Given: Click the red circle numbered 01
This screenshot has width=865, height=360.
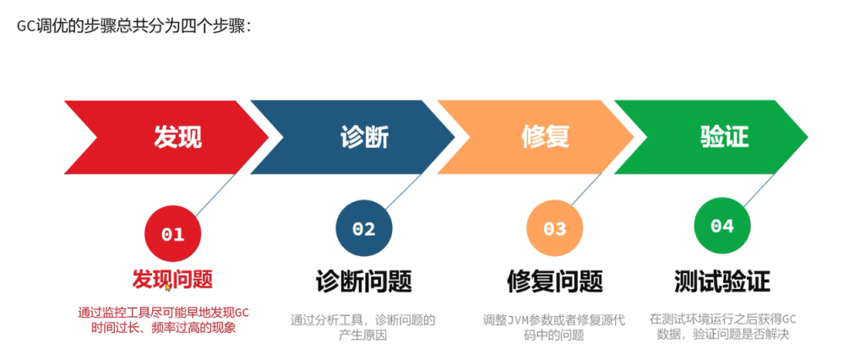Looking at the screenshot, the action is pos(172,234).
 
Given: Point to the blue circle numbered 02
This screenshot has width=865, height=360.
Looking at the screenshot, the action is pos(364,228).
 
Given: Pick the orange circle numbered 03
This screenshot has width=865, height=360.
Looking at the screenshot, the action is pos(555,228).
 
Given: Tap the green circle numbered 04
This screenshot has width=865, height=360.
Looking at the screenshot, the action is pos(722,226).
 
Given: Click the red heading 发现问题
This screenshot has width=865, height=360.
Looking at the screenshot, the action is pos(172,280).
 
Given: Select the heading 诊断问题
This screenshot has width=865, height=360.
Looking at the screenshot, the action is pos(364,281).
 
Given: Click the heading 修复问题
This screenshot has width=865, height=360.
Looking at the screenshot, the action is pos(555,281).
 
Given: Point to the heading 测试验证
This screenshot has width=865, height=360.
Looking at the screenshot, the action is pos(722,281).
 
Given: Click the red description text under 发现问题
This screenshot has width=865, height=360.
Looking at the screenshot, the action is pos(164,320).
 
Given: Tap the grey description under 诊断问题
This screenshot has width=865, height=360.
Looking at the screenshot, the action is pos(363,327).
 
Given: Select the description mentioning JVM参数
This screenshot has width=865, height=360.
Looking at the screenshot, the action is pos(554,327).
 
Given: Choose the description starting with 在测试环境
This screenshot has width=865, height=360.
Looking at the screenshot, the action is pos(723,326).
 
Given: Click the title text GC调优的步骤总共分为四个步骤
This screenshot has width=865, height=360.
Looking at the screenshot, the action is pos(134,26).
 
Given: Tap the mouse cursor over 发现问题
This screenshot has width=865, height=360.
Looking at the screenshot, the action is pos(168,286).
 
